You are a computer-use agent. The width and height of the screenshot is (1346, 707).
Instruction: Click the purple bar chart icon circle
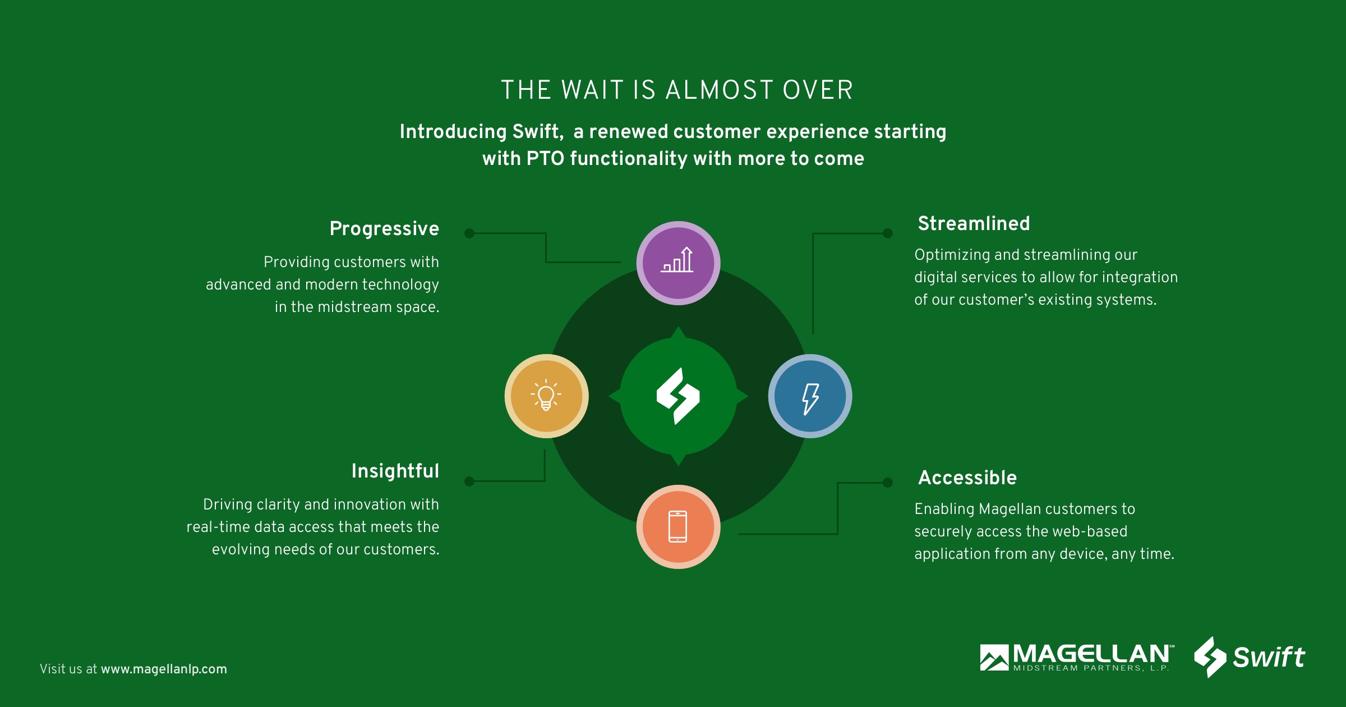click(678, 263)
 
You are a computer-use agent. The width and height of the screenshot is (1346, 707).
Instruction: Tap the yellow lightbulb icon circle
click(546, 396)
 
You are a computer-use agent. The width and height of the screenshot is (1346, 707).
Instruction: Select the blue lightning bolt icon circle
click(810, 396)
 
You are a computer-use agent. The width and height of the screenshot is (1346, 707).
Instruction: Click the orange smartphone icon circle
click(678, 527)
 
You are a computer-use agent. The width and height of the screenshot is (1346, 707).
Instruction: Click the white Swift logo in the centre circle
click(678, 396)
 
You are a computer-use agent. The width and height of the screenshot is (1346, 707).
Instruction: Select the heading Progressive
click(384, 229)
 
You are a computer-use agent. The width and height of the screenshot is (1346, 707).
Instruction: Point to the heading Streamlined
click(974, 223)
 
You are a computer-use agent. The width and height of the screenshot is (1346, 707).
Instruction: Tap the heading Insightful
click(395, 471)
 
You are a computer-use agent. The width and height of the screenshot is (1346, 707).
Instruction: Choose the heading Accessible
click(967, 478)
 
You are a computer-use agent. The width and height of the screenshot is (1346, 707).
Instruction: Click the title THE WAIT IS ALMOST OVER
click(677, 90)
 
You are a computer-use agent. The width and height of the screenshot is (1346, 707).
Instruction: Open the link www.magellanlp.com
click(164, 669)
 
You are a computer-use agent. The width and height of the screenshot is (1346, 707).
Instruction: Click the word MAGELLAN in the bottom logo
click(1091, 654)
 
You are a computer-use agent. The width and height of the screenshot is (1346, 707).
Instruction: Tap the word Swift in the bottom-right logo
click(1269, 656)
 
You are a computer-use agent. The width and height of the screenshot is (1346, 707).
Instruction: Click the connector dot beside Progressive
click(469, 233)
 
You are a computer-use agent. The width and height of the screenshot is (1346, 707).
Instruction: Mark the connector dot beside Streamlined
click(887, 233)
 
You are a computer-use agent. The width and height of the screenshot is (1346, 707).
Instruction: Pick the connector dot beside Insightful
click(469, 481)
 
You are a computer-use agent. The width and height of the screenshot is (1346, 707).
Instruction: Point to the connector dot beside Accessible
click(887, 483)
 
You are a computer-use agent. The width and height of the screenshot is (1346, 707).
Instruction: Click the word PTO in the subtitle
click(545, 159)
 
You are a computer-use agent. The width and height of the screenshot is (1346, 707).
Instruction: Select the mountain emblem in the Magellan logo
click(994, 657)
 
